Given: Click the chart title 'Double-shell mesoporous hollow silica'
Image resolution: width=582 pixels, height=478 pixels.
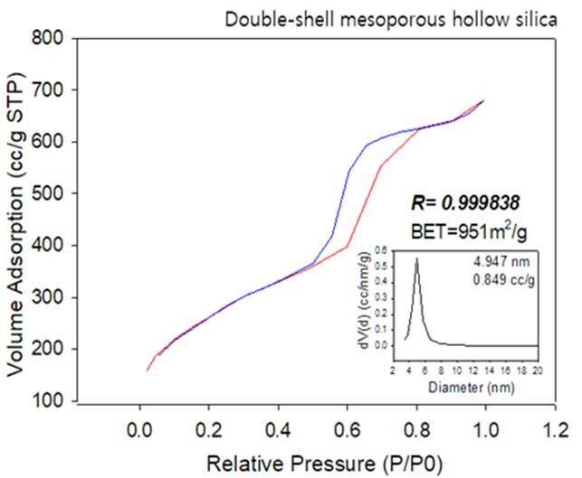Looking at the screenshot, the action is click(391, 20).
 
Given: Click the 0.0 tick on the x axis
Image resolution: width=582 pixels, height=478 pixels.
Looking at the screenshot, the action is click(139, 430).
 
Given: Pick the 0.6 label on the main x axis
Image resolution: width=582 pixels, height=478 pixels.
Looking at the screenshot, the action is click(347, 430).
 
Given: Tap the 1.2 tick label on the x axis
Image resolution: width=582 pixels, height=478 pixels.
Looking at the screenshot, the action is click(555, 430).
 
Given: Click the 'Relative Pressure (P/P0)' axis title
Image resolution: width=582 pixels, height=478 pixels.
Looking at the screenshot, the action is click(325, 464).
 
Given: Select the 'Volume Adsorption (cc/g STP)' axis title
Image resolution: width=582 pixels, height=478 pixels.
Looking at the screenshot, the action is click(15, 224).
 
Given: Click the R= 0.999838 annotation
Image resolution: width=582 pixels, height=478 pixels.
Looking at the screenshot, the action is click(465, 202).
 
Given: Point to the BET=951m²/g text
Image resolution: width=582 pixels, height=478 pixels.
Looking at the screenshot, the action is click(469, 231).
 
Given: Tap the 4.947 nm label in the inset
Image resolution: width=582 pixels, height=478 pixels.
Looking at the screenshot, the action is click(501, 262).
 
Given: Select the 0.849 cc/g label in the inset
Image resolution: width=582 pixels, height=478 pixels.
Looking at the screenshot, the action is click(503, 280).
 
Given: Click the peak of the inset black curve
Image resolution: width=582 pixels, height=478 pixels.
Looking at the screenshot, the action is click(417, 258).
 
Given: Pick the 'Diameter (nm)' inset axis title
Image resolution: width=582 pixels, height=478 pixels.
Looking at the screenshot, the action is click(472, 388).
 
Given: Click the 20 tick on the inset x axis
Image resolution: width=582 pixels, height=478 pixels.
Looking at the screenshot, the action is click(538, 370).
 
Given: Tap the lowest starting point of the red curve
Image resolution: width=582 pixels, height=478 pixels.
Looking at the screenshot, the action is click(148, 370).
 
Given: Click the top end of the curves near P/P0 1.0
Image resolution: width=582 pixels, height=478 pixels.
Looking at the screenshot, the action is click(483, 100).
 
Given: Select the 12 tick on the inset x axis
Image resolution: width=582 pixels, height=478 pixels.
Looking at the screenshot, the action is click(473, 370).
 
